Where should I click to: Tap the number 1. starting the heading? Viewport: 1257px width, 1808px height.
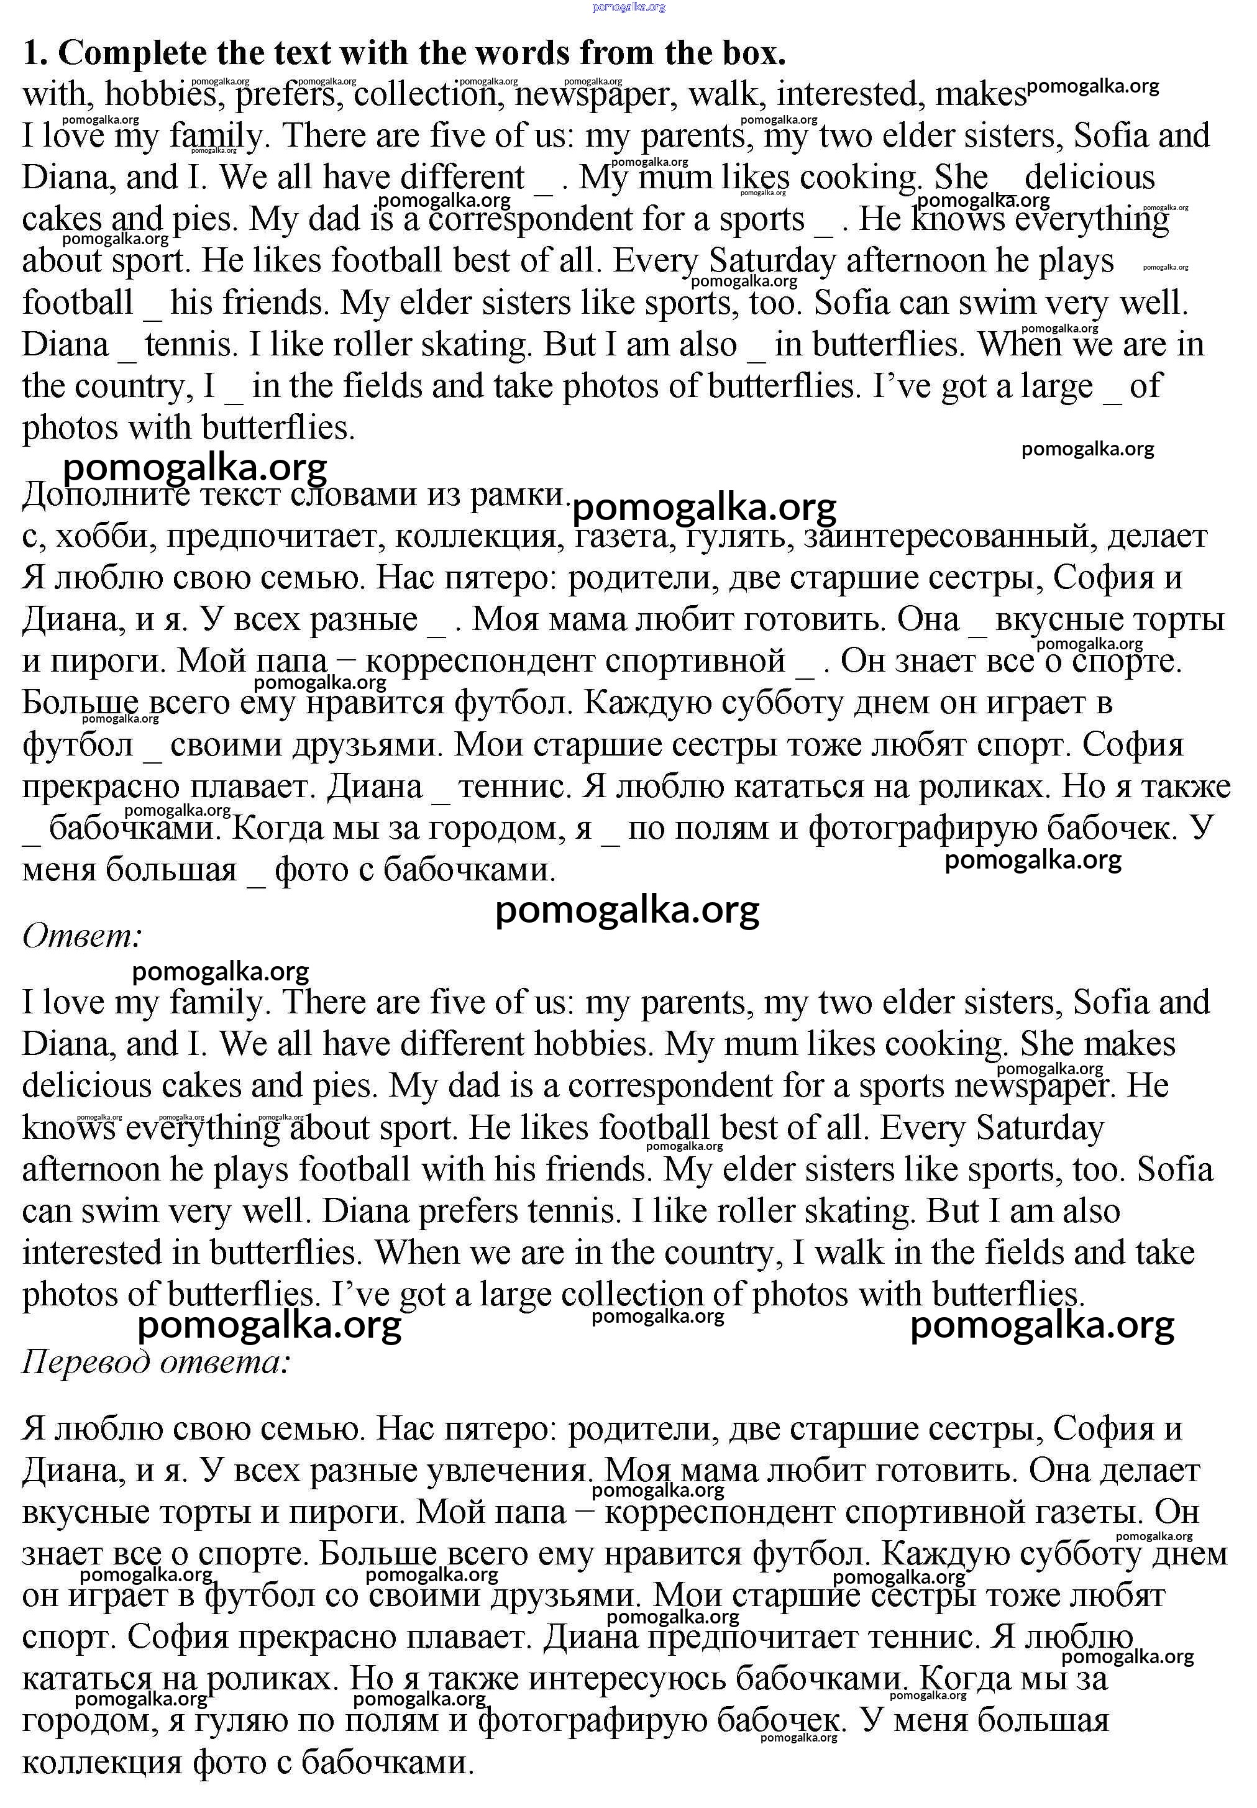36,53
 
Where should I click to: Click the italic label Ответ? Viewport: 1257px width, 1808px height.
82,936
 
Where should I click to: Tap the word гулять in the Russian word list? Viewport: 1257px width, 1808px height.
736,537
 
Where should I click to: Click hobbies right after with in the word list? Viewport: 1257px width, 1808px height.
161,95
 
